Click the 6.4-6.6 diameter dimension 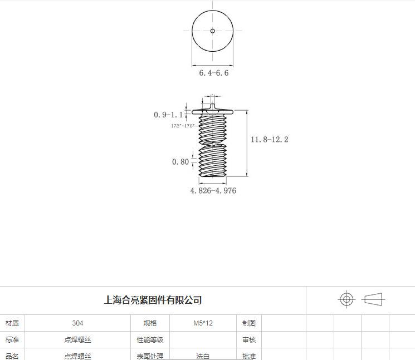click(x=214, y=73)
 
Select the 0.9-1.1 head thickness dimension click(x=168, y=115)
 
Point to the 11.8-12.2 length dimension click(x=269, y=140)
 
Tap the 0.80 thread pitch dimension click(x=180, y=162)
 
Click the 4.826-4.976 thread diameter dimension click(x=213, y=191)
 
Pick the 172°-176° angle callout click(x=182, y=126)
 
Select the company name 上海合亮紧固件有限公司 click(x=153, y=300)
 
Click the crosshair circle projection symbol click(x=346, y=299)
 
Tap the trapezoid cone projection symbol click(x=373, y=299)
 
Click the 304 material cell click(x=77, y=323)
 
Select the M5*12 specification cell click(x=203, y=323)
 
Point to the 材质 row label click(x=12, y=323)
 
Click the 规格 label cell click(x=150, y=323)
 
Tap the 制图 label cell click(x=249, y=323)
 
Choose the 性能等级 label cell click(x=150, y=340)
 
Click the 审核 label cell click(x=249, y=340)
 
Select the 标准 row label click(x=12, y=340)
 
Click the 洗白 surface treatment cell click(x=203, y=356)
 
